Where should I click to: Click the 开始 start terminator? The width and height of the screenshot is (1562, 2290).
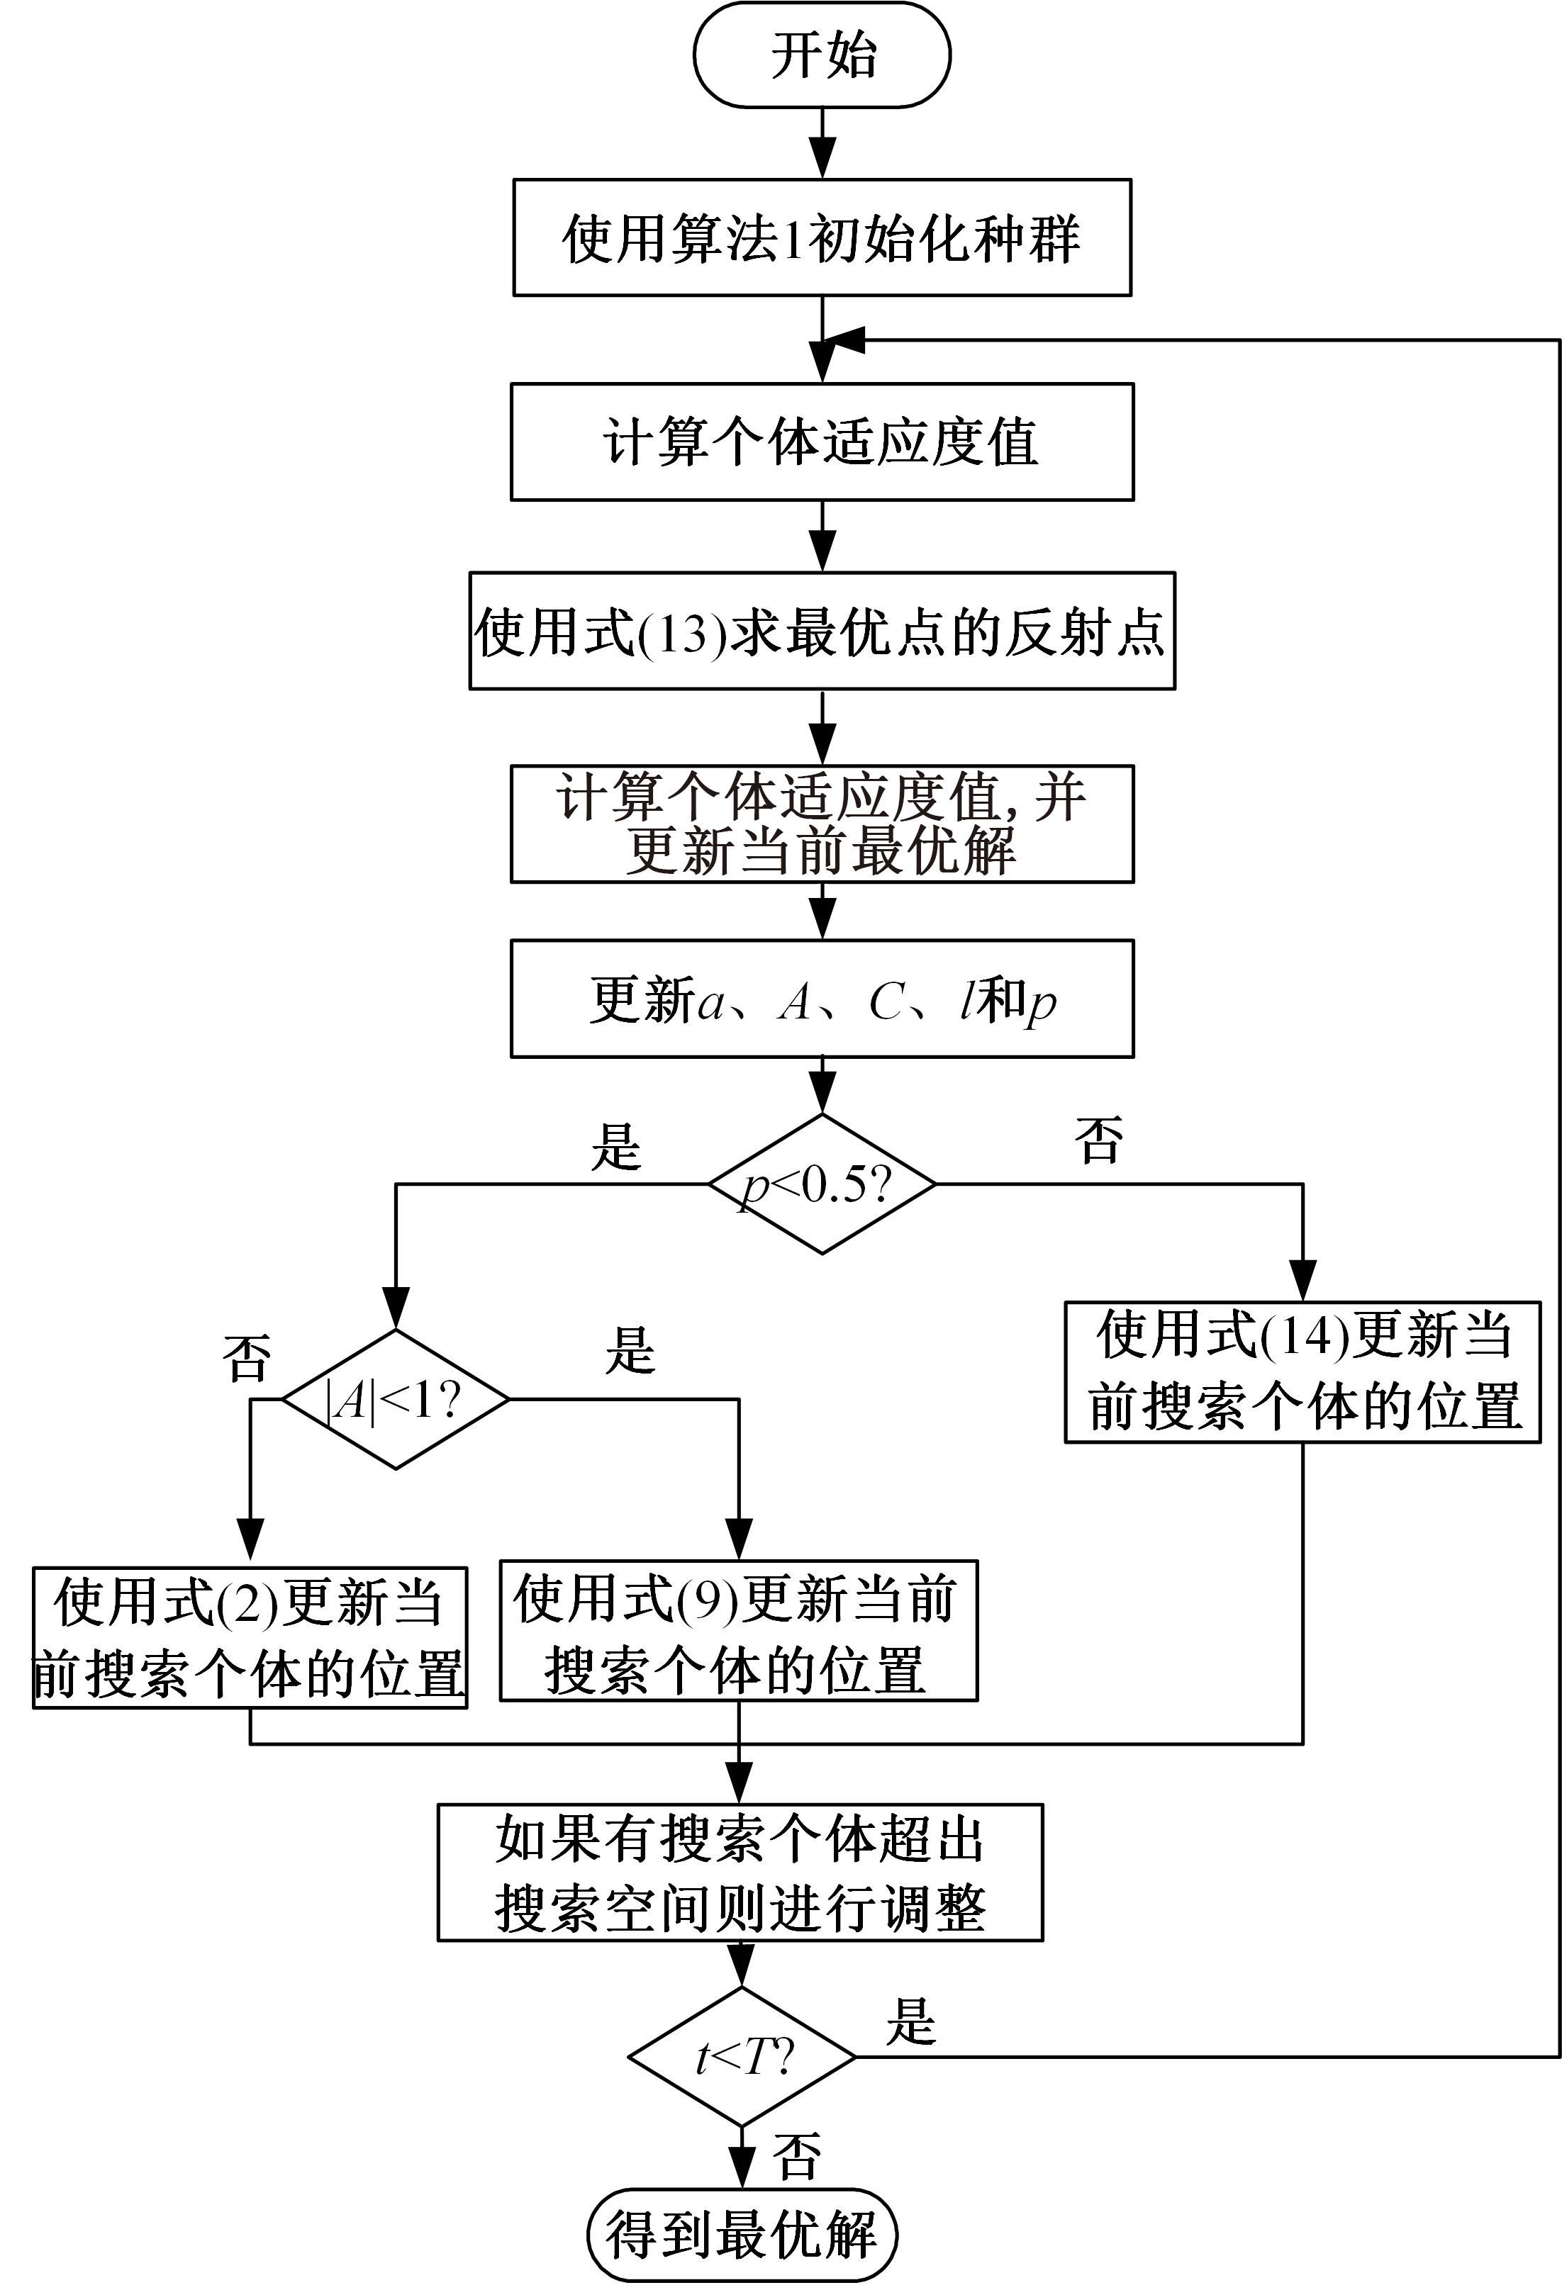[x=822, y=55]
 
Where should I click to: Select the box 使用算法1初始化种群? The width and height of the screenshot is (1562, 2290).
[x=822, y=237]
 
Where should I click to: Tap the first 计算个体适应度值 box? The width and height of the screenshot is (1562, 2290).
[x=822, y=442]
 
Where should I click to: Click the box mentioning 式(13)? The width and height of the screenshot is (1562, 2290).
[x=822, y=631]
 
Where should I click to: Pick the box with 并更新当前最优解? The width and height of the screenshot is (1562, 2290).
[x=822, y=824]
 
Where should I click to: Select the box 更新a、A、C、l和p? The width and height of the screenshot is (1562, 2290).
[x=822, y=999]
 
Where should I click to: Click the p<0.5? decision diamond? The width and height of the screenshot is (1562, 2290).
[x=822, y=1184]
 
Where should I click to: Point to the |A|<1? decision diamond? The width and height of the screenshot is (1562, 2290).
[x=395, y=1399]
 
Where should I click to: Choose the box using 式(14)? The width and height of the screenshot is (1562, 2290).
[x=1302, y=1373]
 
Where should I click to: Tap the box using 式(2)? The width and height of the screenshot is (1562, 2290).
[x=250, y=1638]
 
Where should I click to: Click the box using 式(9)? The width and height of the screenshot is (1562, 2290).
[x=738, y=1631]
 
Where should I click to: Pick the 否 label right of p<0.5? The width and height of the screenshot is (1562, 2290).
[x=1099, y=1141]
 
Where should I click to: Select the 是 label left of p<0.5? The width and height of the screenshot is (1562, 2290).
[x=616, y=1146]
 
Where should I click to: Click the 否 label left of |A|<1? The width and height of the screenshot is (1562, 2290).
[x=247, y=1358]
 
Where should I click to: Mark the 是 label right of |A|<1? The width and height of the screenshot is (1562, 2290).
[x=630, y=1351]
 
